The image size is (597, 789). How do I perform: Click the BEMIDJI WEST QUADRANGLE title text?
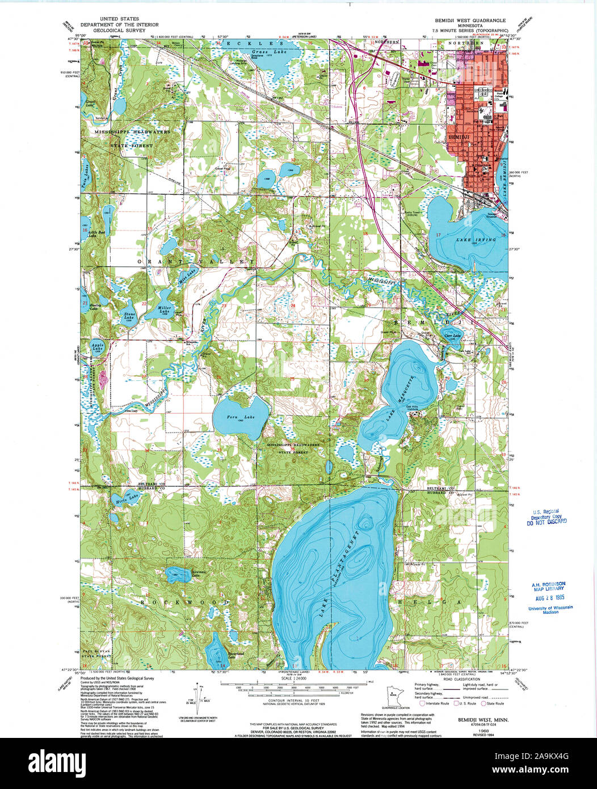click(x=465, y=20)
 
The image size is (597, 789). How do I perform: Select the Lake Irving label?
click(x=476, y=240)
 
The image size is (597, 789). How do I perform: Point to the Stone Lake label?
click(x=131, y=316)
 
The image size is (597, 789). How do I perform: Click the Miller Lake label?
click(x=165, y=310)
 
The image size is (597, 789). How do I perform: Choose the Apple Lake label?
click(x=98, y=347)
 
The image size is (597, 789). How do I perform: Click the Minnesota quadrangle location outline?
click(x=394, y=698)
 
